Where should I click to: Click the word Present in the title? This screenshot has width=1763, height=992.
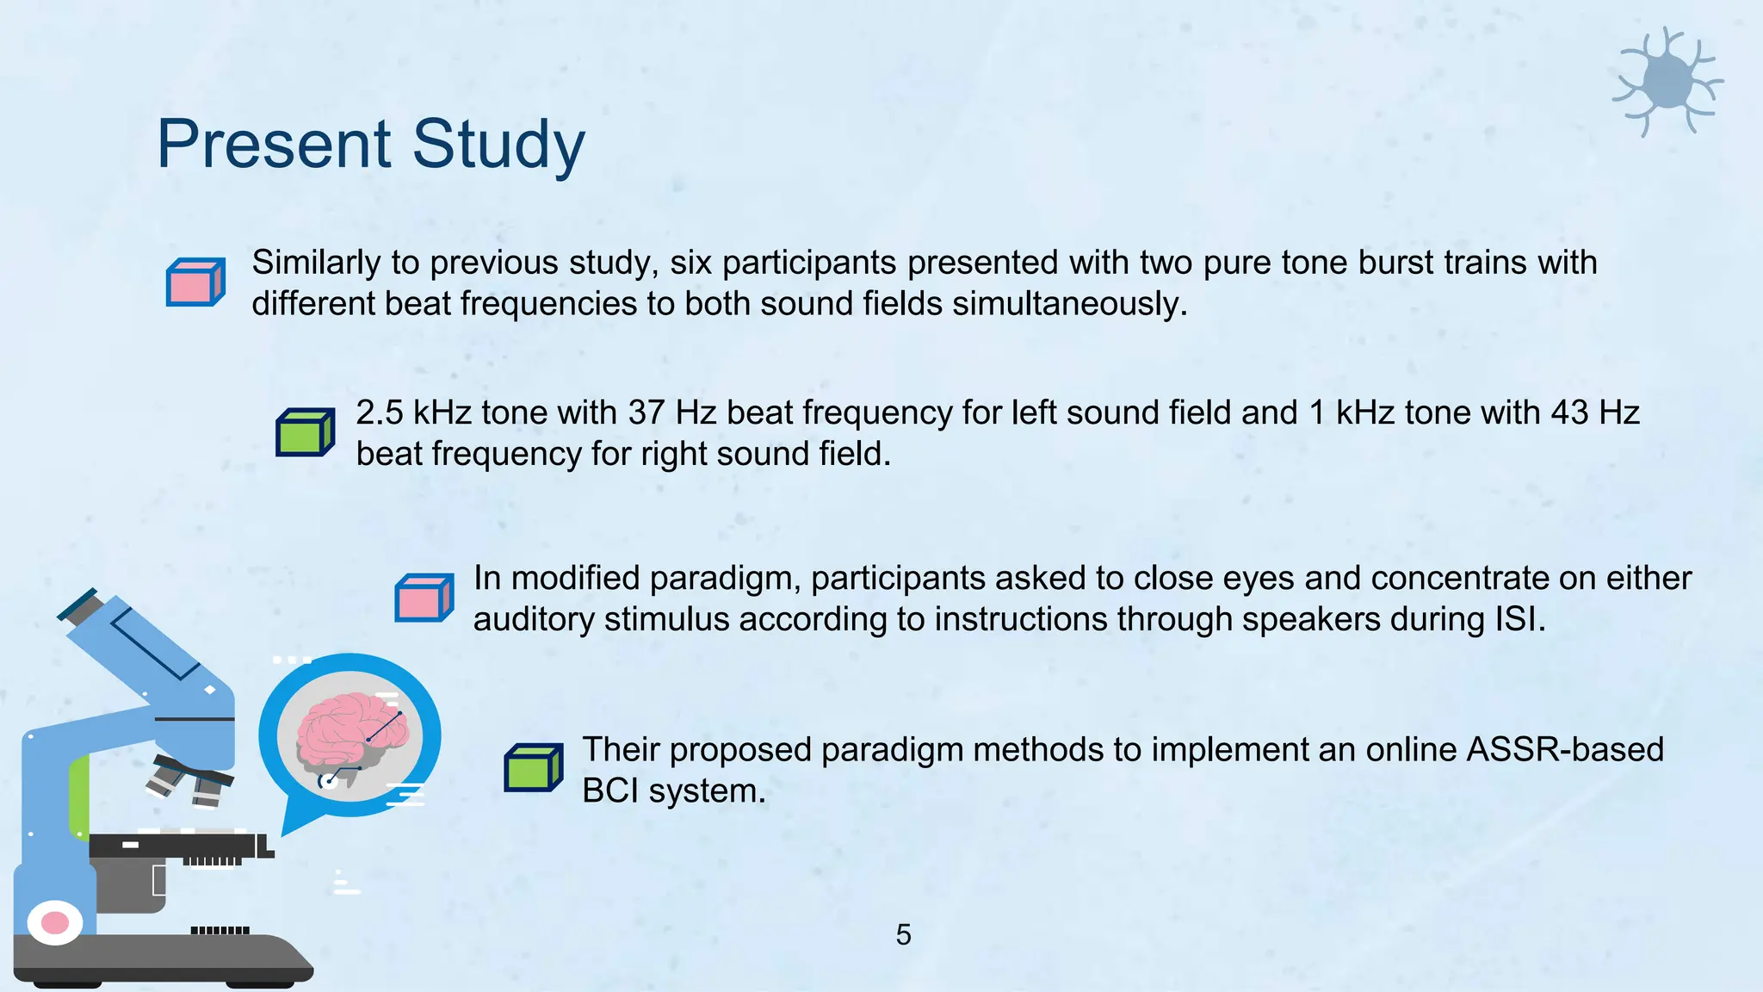click(274, 144)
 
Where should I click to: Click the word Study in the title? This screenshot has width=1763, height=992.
click(498, 144)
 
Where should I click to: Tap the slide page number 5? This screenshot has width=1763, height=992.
click(903, 934)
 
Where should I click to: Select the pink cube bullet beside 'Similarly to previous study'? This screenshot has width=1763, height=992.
click(195, 282)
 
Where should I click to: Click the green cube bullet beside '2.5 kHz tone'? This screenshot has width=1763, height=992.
click(305, 432)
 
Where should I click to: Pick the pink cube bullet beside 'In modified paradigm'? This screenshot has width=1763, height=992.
click(424, 598)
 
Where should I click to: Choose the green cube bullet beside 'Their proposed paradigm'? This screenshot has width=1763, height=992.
click(533, 768)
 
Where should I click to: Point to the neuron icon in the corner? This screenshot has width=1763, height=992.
click(1667, 82)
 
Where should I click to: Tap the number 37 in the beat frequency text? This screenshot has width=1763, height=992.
click(646, 412)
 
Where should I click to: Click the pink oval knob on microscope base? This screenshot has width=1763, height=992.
click(54, 923)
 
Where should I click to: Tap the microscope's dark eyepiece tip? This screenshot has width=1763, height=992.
click(77, 604)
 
